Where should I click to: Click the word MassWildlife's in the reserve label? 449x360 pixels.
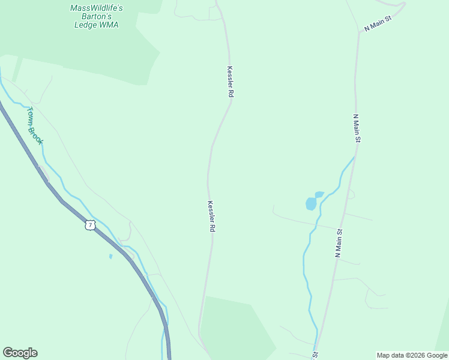point(96,8)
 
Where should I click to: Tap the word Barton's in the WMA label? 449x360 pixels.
point(96,17)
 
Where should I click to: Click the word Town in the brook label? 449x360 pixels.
point(31,116)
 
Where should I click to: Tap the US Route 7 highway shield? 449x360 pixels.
point(90,225)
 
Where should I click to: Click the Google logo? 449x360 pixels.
point(20,353)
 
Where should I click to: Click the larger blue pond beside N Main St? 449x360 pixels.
point(310,204)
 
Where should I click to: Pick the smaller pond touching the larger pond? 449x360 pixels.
point(319,194)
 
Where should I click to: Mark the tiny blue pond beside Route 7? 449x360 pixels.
point(110,257)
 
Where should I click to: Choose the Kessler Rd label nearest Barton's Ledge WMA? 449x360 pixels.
point(230,82)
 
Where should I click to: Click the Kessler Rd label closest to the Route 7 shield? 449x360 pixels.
point(211,217)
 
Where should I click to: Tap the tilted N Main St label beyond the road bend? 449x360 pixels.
point(378,24)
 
